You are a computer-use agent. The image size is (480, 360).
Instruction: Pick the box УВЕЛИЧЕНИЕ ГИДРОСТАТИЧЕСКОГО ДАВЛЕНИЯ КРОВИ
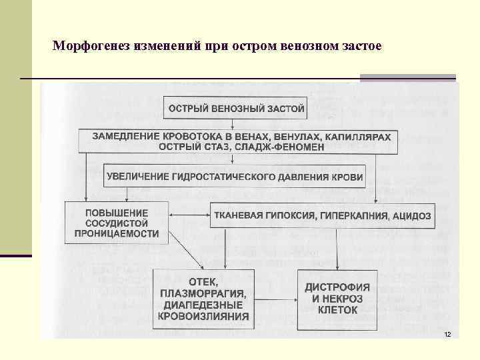click(235, 177)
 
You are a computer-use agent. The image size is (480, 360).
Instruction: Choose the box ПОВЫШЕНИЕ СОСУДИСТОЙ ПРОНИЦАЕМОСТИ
click(117, 223)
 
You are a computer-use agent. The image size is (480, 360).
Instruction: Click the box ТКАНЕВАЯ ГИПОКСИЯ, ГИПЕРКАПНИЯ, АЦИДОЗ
click(322, 216)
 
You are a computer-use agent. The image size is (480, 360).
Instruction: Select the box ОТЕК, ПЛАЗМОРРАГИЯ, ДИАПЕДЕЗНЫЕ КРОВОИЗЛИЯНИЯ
click(203, 299)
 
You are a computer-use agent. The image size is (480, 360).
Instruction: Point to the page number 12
click(447, 333)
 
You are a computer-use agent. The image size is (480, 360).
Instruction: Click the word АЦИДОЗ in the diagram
click(412, 216)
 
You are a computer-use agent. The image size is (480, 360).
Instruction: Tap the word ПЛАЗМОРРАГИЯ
click(203, 293)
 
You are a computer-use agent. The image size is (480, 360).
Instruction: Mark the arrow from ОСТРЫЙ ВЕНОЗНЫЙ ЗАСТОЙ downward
click(232, 124)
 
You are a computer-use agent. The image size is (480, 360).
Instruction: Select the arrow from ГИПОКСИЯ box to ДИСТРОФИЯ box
click(339, 254)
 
